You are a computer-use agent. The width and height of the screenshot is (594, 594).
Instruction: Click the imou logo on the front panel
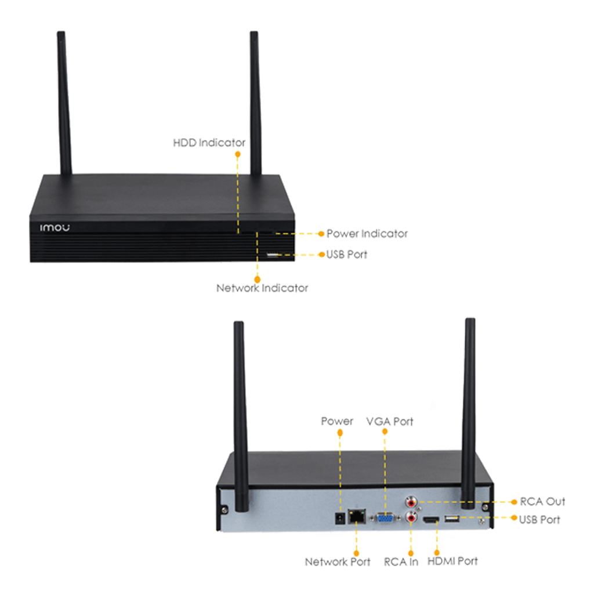tap(55, 228)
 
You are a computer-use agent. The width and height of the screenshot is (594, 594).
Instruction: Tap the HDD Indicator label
tap(209, 142)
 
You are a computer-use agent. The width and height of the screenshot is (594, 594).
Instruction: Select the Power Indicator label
tap(367, 234)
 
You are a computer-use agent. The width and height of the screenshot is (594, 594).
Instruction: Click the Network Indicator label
tap(262, 288)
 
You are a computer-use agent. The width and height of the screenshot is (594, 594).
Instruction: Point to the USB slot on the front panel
tap(271, 255)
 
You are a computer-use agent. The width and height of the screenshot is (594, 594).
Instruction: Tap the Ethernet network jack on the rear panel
tap(355, 515)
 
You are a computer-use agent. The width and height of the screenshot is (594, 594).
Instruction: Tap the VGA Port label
tap(390, 421)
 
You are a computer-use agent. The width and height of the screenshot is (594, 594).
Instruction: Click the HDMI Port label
tap(452, 561)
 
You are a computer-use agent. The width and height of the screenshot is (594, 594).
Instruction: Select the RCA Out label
tap(542, 501)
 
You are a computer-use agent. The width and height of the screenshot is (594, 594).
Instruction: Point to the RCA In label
tap(401, 562)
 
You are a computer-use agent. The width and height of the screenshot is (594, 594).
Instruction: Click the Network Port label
tap(338, 562)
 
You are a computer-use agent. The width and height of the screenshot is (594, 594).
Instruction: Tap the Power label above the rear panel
tap(337, 421)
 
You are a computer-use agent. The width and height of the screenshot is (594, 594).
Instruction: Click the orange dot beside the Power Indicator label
tap(321, 234)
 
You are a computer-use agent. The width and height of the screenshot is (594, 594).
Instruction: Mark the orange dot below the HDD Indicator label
tap(237, 155)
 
